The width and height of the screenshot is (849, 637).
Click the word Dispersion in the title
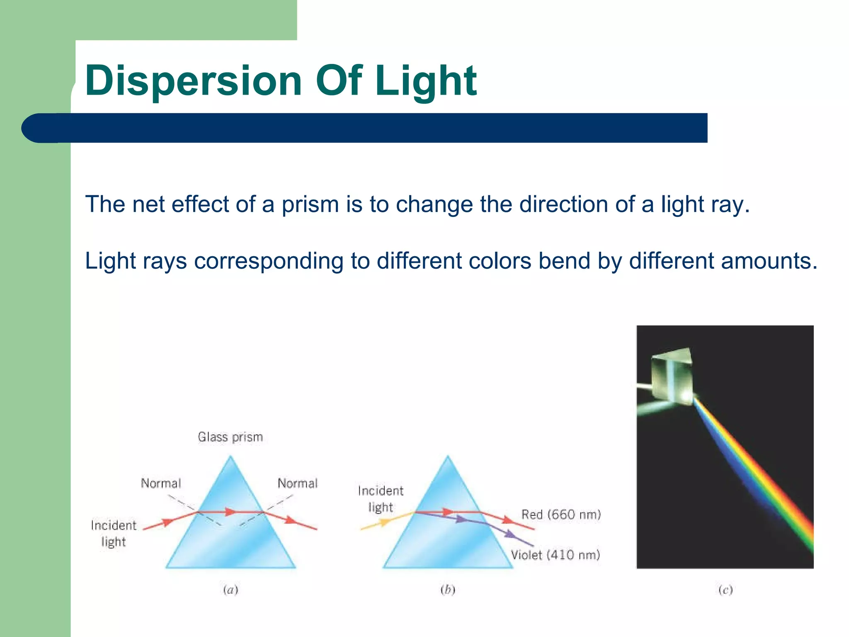tap(193, 81)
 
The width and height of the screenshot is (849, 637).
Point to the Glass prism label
tap(230, 437)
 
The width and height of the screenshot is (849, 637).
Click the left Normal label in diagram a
tap(161, 484)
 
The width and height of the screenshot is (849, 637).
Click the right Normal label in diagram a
tap(298, 484)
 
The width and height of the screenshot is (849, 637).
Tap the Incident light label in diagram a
tap(113, 533)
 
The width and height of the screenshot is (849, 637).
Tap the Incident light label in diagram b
tap(381, 499)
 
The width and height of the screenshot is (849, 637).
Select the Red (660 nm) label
tap(561, 515)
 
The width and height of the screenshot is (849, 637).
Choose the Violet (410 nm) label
tap(555, 555)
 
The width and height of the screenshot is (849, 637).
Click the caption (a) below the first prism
tap(230, 590)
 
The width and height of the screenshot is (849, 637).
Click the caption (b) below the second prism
tap(448, 590)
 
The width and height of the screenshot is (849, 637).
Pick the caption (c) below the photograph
tap(725, 590)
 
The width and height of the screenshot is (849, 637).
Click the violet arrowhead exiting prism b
tap(511, 535)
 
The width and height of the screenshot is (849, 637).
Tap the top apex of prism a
tap(230, 457)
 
